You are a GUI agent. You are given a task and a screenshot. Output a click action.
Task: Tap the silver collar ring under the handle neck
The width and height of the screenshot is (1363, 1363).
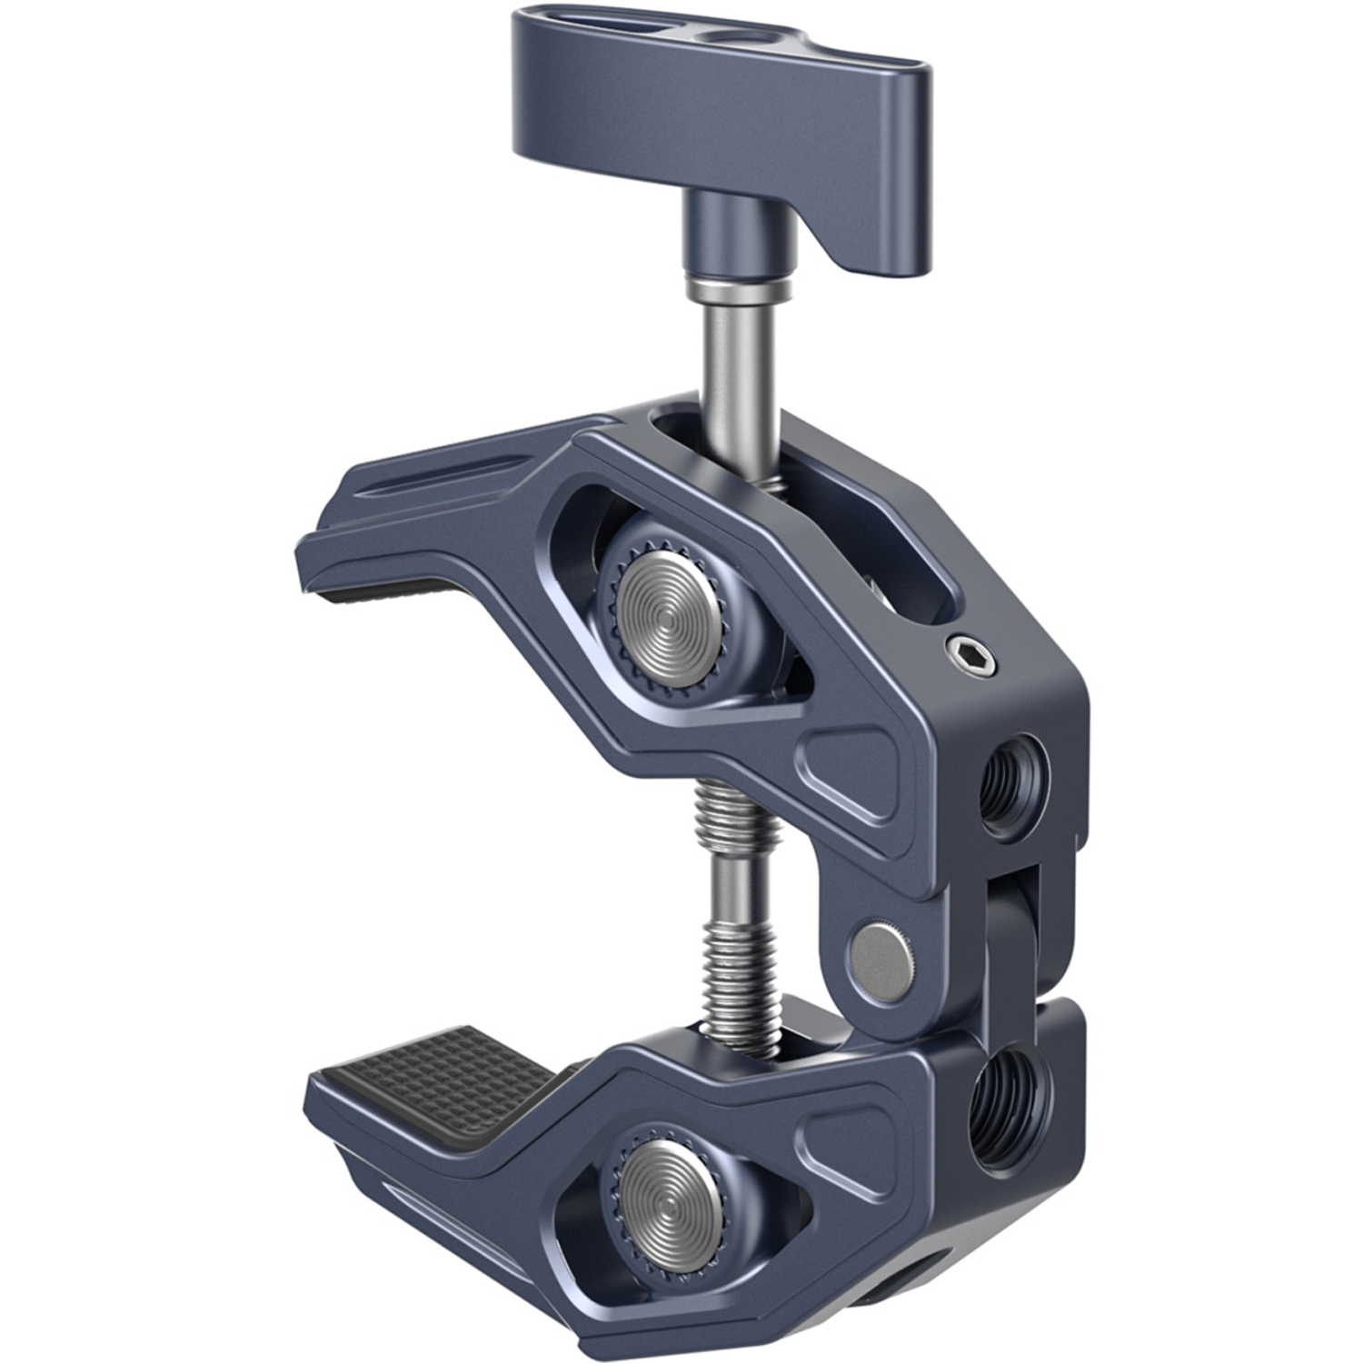(738, 293)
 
